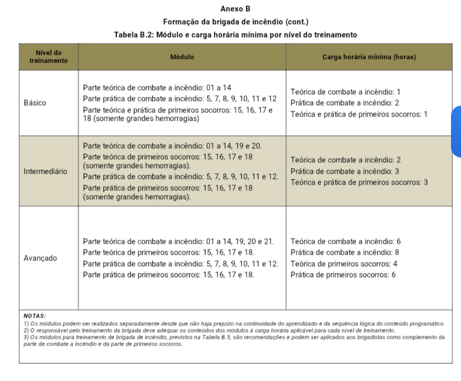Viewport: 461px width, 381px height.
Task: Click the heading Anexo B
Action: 235,9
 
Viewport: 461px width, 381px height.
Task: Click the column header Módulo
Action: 182,57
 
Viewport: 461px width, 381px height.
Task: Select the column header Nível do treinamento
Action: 48,57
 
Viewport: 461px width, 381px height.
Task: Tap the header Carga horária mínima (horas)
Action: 369,57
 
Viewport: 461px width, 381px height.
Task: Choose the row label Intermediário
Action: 45,171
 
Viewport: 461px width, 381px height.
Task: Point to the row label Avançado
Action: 40,258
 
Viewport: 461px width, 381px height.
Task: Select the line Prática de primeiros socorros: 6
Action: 343,275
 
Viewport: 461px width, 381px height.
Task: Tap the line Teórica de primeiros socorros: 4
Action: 343,263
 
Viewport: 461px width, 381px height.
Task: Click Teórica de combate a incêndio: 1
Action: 345,92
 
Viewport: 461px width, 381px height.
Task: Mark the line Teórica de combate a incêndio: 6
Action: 345,241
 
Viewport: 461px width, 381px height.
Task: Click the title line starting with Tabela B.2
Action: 235,35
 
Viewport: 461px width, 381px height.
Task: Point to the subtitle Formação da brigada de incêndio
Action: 235,22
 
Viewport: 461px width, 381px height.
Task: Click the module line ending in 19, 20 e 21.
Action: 178,241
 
